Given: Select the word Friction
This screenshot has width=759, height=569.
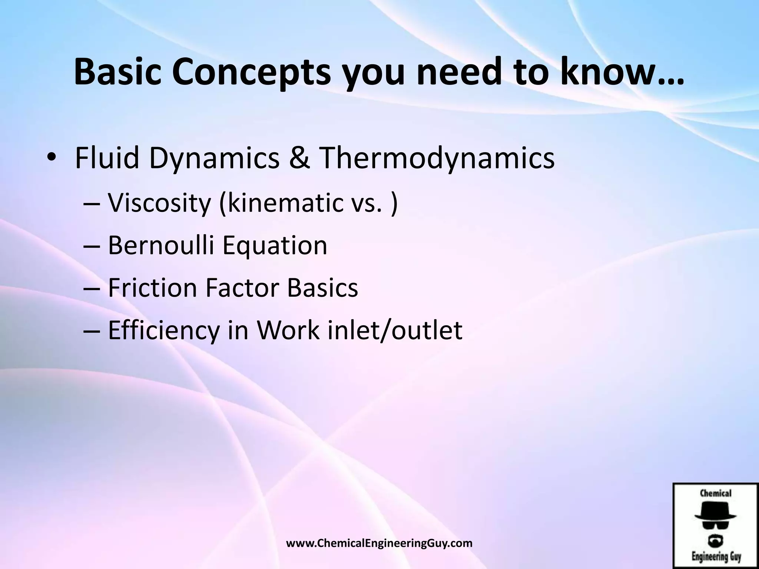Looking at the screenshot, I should click(152, 287).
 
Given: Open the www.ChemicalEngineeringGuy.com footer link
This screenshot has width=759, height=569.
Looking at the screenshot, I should click(380, 543).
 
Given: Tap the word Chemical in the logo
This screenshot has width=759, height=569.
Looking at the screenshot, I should click(716, 493).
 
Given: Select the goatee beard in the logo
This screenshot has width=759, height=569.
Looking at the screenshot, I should click(716, 540).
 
